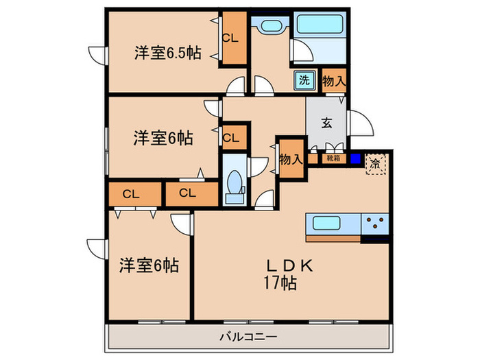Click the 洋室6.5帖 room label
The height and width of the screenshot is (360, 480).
[167, 53]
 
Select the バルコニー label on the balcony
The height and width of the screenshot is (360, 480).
[248, 337]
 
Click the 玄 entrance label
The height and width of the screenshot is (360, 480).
[327, 123]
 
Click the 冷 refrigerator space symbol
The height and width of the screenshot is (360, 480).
[375, 164]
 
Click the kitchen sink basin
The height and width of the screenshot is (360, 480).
[332, 223]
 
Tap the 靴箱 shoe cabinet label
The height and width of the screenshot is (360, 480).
[333, 158]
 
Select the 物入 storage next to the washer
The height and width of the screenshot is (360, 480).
[333, 80]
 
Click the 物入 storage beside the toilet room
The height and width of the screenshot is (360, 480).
[290, 160]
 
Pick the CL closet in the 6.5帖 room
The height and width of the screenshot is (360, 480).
[230, 38]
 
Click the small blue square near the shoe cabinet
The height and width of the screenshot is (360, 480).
[355, 159]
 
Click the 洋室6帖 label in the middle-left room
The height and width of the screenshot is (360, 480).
[163, 138]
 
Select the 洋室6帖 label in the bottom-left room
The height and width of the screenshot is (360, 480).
[148, 265]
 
